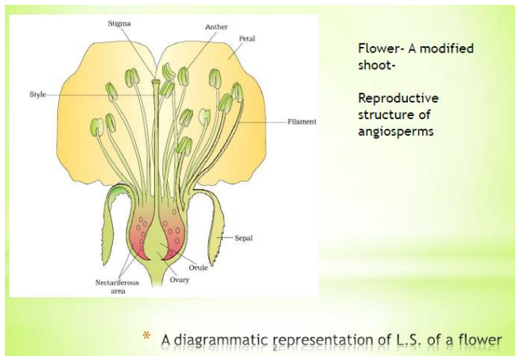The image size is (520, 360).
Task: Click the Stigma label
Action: pos(120,25)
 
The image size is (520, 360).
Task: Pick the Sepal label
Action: pos(243,237)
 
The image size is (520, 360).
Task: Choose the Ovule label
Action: pos(198,267)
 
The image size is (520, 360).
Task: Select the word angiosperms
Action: pos(396,131)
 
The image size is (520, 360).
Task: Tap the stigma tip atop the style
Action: pos(157,80)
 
